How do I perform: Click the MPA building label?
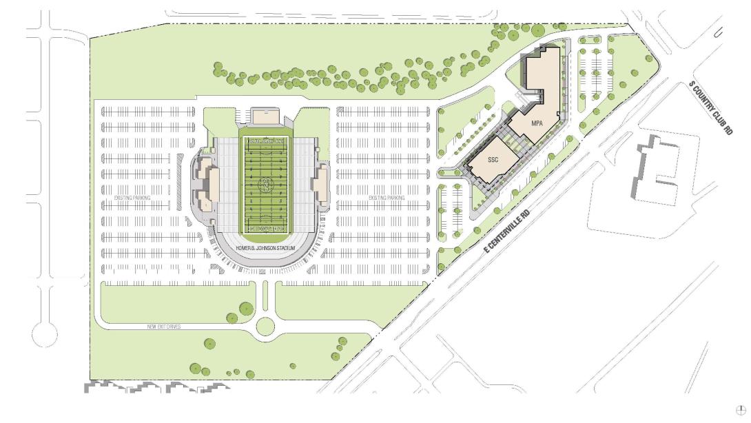tap(537, 122)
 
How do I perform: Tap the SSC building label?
tap(493, 159)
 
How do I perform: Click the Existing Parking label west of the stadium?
tap(132, 198)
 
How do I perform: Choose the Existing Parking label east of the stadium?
tap(387, 198)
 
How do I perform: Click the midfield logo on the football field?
tap(265, 185)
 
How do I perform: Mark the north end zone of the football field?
tap(265, 143)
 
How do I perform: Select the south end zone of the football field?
tap(265, 227)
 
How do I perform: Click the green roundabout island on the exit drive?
tap(265, 327)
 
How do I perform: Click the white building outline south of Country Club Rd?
tap(655, 169)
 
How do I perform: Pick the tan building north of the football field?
tap(265, 115)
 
